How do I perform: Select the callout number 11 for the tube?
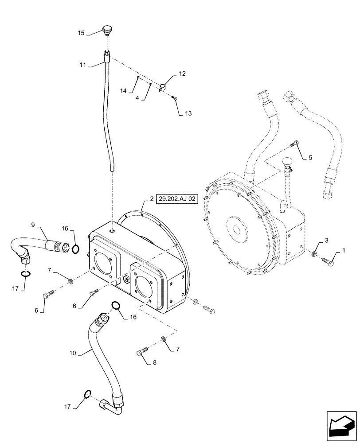tap(83, 65)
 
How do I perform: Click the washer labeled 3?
tap(314, 254)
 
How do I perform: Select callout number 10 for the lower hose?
tap(73, 353)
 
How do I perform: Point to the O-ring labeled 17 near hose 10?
tap(88, 392)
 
